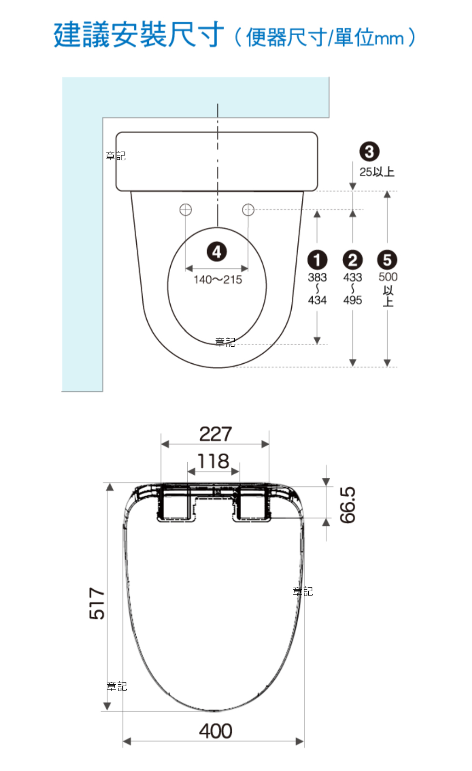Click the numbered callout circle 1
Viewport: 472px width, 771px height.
click(317, 260)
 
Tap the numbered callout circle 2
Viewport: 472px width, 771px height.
click(352, 260)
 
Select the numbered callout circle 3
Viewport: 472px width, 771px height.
click(369, 152)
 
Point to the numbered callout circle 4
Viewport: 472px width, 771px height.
click(217, 252)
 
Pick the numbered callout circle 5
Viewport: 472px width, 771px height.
click(387, 260)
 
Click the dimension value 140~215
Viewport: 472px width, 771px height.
click(218, 280)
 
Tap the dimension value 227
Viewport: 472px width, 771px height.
click(216, 434)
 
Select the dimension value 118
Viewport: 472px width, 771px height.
click(213, 461)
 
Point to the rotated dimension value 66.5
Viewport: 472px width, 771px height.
click(348, 505)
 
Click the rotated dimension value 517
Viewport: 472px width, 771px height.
click(97, 603)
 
